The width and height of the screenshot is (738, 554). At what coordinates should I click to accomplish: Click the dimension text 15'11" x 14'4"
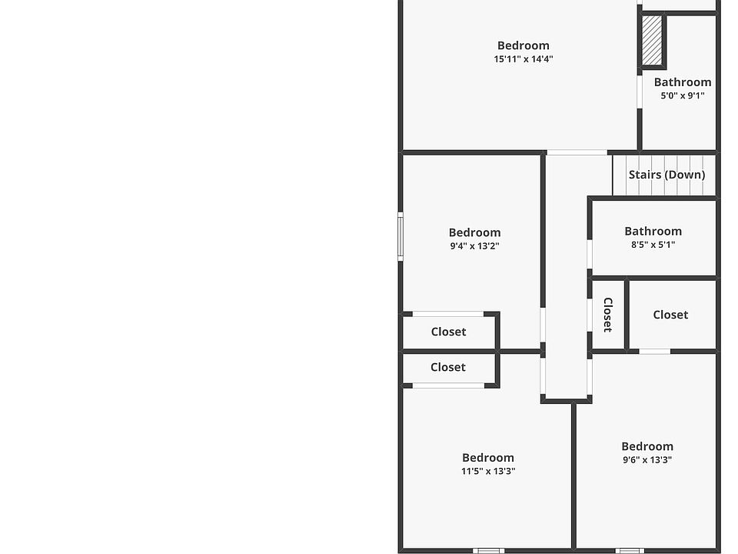[524, 59]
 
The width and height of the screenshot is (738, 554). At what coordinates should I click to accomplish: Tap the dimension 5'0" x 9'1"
[683, 96]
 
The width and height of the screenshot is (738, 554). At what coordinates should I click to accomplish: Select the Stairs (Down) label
[667, 175]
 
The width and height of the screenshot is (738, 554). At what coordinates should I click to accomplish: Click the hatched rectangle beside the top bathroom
[652, 41]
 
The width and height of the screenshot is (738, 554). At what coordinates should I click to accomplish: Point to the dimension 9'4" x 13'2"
[474, 246]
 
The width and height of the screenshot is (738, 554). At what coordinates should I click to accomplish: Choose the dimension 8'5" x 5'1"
[653, 245]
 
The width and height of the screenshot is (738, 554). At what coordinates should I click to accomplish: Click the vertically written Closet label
[607, 315]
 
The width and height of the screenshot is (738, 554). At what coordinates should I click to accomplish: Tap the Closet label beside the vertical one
[670, 315]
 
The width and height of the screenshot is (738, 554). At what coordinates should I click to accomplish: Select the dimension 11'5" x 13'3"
[488, 472]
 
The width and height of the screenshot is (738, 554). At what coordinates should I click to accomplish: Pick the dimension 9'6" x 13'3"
[647, 460]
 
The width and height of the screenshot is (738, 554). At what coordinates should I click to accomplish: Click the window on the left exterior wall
[401, 236]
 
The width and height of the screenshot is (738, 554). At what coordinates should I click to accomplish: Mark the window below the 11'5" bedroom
[488, 550]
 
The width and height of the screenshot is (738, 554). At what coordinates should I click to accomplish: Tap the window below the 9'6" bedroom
[630, 550]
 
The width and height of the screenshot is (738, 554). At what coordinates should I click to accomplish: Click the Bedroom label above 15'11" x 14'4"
[524, 45]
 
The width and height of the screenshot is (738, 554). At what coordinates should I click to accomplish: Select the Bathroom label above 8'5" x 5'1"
[653, 231]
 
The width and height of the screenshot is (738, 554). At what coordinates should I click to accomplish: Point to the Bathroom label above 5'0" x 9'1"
[683, 82]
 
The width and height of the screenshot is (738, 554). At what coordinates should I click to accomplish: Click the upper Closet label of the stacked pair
[448, 332]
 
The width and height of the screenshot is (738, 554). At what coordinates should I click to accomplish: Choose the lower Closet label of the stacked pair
[448, 367]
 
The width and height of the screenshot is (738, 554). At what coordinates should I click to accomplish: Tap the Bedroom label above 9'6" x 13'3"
[647, 446]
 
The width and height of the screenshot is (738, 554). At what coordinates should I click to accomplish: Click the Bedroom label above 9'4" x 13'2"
[474, 232]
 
